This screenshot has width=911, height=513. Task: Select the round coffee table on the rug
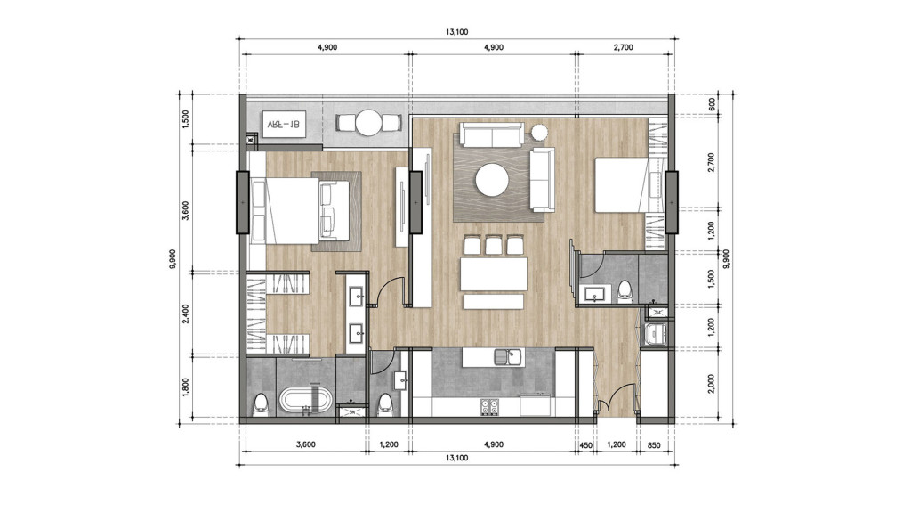click(x=492, y=181)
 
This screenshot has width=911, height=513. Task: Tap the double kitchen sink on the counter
click(x=507, y=358)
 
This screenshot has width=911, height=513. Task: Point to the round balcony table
click(x=367, y=124)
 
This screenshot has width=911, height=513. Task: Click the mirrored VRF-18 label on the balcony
click(x=283, y=126)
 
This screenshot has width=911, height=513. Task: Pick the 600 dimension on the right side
click(x=712, y=102)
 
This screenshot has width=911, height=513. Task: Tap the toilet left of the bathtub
click(x=261, y=403)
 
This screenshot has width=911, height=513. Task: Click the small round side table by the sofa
click(x=539, y=133)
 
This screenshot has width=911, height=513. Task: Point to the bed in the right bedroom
click(x=620, y=185)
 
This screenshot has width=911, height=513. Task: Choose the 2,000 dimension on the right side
click(x=712, y=383)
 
